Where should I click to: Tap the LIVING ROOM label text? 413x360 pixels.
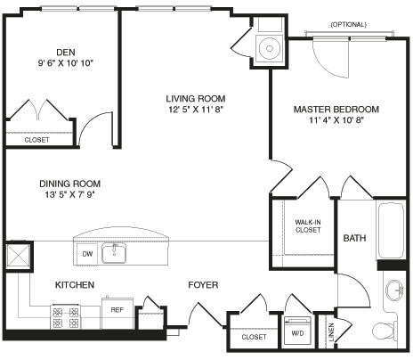click(x=194, y=98)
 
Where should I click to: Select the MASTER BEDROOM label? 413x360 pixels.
click(x=336, y=110)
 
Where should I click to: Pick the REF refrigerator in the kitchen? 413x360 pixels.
click(x=116, y=310)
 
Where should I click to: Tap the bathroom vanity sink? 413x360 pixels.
click(x=394, y=290)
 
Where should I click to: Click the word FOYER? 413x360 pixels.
click(x=202, y=285)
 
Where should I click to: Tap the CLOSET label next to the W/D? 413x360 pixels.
click(x=254, y=337)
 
